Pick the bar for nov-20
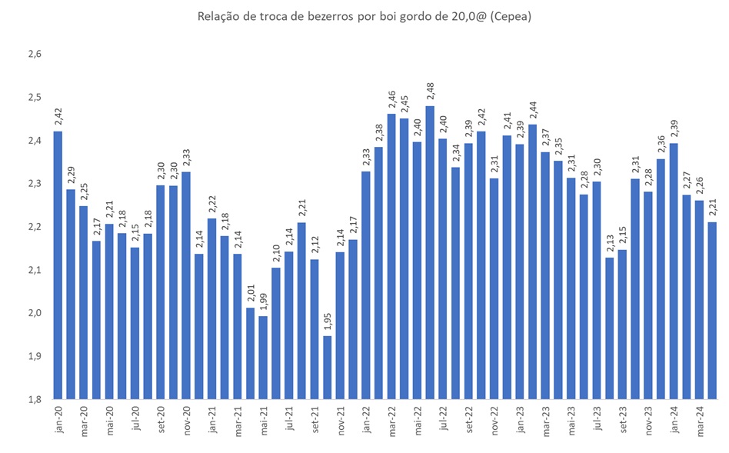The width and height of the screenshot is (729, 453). tap(186, 285)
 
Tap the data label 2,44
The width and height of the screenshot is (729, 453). tap(532, 112)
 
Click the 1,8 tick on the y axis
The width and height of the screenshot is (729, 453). tap(34, 400)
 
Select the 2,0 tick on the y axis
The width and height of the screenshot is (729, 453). tap(34, 314)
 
